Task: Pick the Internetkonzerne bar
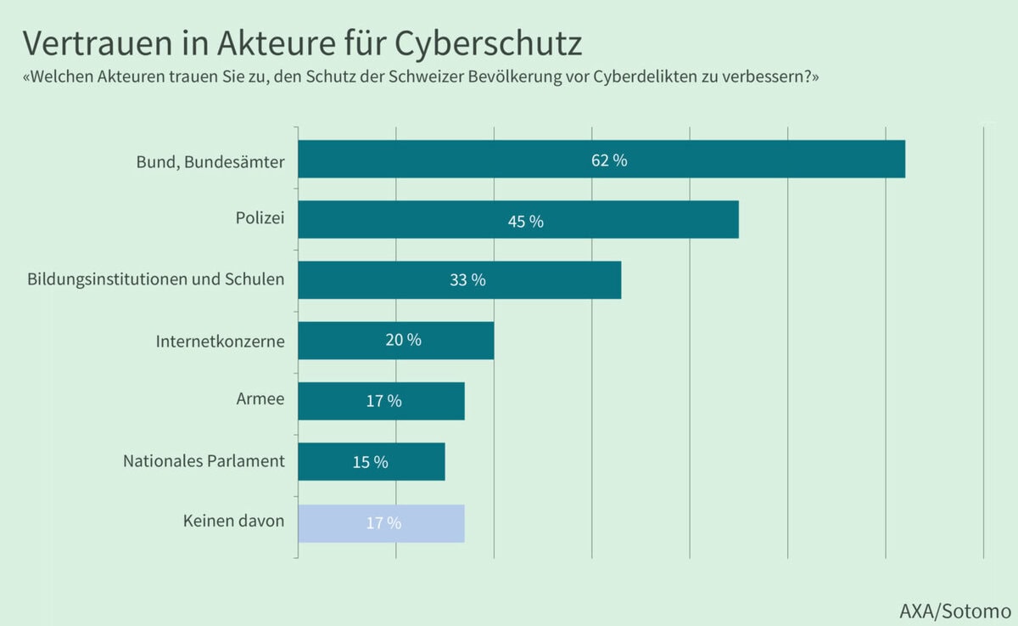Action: point(339,341)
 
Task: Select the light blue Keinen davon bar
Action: point(339,523)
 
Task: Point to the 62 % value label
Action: point(609,160)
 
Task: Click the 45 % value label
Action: point(525,221)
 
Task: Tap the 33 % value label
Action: point(467,280)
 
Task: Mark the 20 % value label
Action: point(403,341)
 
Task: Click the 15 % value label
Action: point(370,462)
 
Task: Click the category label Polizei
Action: point(260,218)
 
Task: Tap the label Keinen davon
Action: point(233,522)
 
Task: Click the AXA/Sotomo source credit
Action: point(955,610)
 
